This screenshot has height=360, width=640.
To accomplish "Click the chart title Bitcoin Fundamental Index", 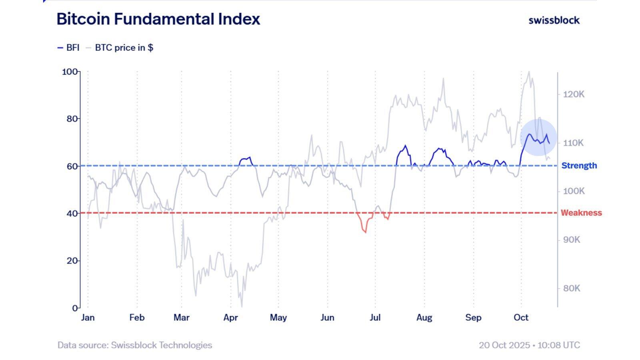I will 158,19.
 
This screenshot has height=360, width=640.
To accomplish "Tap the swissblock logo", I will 554,20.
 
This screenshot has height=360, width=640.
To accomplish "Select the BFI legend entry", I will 68,48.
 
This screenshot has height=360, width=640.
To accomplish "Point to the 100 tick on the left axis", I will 70,72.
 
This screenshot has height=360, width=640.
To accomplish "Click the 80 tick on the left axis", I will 72,119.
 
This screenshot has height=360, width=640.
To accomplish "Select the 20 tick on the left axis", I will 72,261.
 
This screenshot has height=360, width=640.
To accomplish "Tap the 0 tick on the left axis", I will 75,308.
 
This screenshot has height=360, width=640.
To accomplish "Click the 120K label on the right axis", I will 574,94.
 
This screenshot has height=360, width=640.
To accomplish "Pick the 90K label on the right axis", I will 571,240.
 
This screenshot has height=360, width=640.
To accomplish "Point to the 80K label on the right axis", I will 571,288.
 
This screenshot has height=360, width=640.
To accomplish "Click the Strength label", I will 579,166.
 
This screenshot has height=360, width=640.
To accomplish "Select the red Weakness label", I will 581,213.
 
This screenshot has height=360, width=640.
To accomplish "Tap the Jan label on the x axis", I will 88,318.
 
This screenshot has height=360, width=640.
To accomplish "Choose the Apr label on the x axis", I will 230,318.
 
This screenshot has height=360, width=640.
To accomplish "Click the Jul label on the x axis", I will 375,318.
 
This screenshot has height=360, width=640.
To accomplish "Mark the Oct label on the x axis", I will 521,318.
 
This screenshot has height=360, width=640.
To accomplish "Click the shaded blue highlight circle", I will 538,137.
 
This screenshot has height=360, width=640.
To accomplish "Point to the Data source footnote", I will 135,345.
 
